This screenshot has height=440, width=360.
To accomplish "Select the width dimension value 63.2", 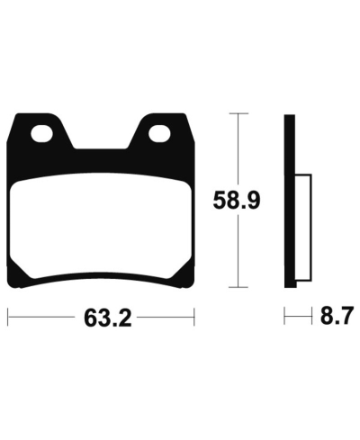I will tap(101, 319).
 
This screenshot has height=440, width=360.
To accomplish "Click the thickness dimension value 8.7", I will tap(333, 317).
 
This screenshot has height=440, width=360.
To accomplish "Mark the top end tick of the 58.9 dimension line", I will tap(238, 114).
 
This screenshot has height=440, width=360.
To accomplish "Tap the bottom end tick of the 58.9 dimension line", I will tap(238, 287).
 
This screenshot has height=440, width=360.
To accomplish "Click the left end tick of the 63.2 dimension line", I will tap(9, 318).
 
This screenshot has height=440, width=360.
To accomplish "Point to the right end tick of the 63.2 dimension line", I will tap(193, 318).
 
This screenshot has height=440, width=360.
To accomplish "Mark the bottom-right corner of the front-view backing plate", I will tap(191, 285).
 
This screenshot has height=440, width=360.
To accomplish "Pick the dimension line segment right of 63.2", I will tap(166, 318).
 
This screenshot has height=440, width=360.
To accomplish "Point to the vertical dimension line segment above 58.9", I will tap(238, 148).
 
